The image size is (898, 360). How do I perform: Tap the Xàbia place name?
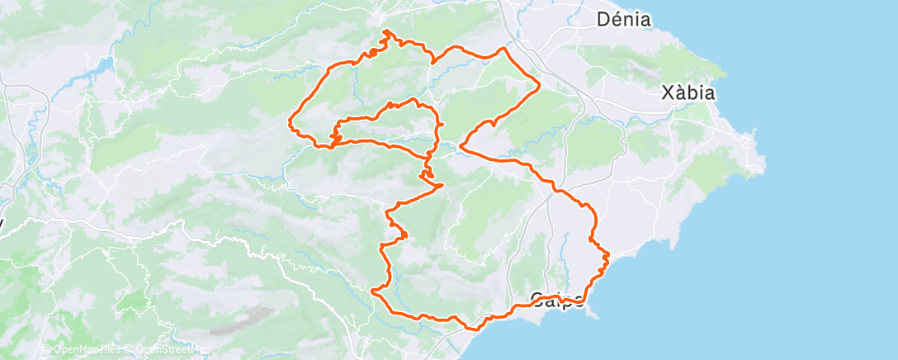688,92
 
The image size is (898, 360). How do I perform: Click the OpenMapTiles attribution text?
86,349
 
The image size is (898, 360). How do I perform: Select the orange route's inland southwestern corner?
373,290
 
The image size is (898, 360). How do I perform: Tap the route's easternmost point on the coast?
608,256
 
